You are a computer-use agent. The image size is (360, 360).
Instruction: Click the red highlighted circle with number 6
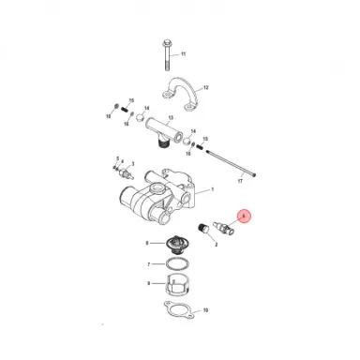(x=245, y=217)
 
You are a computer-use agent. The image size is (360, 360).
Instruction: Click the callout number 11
(x=183, y=55)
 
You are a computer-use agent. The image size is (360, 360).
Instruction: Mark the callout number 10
(x=206, y=308)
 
